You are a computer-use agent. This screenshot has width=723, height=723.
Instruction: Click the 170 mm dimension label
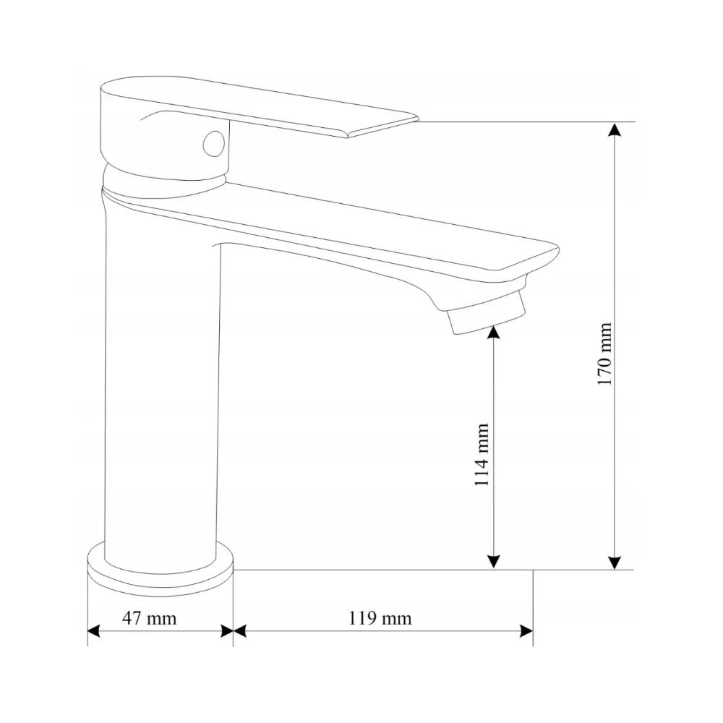coord(604,354)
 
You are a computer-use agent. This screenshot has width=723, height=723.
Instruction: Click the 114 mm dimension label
coord(482,455)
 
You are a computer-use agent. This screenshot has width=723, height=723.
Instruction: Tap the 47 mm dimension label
coord(149,618)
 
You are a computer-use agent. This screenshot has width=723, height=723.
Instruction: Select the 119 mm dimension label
coord(380,618)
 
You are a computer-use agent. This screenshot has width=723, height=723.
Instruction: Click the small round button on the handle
coord(214,143)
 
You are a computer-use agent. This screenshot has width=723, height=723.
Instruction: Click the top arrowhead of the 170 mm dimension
coord(614,129)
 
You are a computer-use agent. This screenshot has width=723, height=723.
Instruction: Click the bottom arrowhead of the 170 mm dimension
coord(614,562)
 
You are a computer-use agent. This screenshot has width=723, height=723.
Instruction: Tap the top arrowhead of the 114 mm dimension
coord(493,332)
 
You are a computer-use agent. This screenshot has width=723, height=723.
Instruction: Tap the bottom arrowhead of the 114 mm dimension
coord(493,562)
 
